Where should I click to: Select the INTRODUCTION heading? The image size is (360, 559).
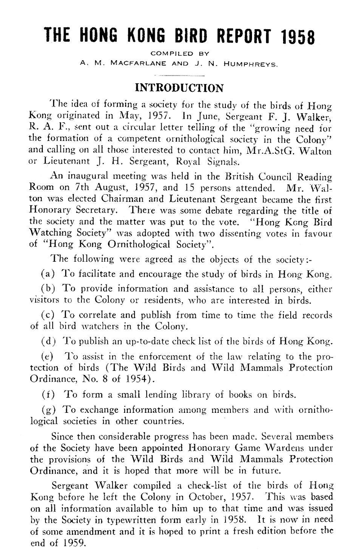coord(180,86)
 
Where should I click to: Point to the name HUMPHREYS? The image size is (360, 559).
coord(253,63)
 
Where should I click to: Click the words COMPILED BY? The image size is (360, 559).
coord(180,55)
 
